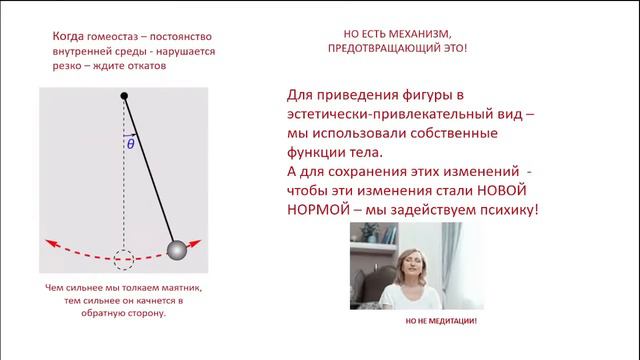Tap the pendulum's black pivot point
pyautogui.click(x=124, y=96)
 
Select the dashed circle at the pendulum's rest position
pyautogui.click(x=124, y=259)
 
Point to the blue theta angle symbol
pyautogui.click(x=130, y=144)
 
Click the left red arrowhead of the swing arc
pyautogui.click(x=47, y=242)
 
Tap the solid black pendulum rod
pyautogui.click(x=150, y=171)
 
